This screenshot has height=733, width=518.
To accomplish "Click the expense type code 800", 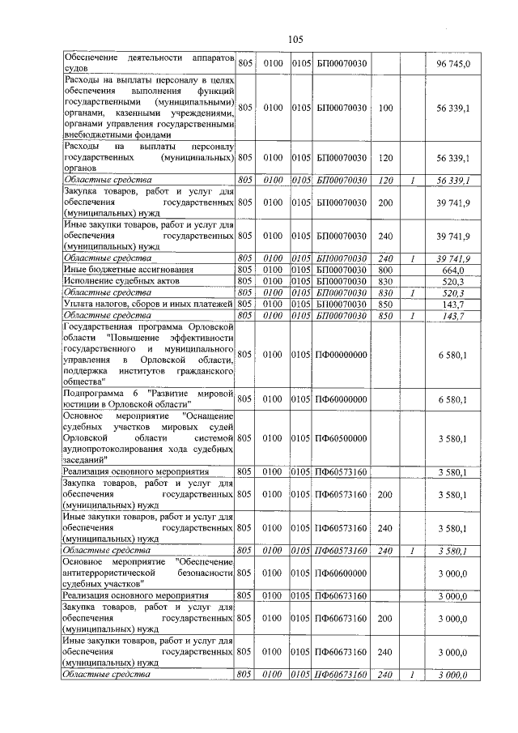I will tap(385, 269).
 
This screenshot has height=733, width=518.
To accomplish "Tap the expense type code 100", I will tap(385, 107).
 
